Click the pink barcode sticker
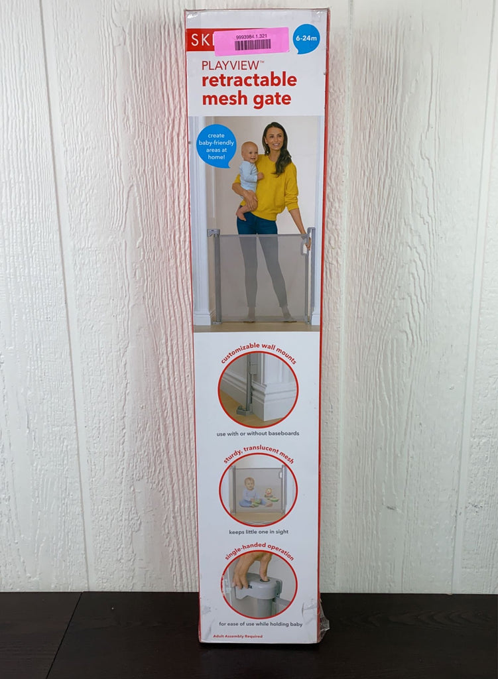click(251, 42)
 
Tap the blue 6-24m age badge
click(306, 38)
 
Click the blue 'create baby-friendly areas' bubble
click(216, 146)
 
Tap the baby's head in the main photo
click(250, 152)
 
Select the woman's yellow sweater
click(275, 192)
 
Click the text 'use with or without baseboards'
click(258, 433)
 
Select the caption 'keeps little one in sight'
click(259, 532)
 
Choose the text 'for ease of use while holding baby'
click(259, 624)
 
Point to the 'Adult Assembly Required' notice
click(237, 637)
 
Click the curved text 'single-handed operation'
click(259, 549)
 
